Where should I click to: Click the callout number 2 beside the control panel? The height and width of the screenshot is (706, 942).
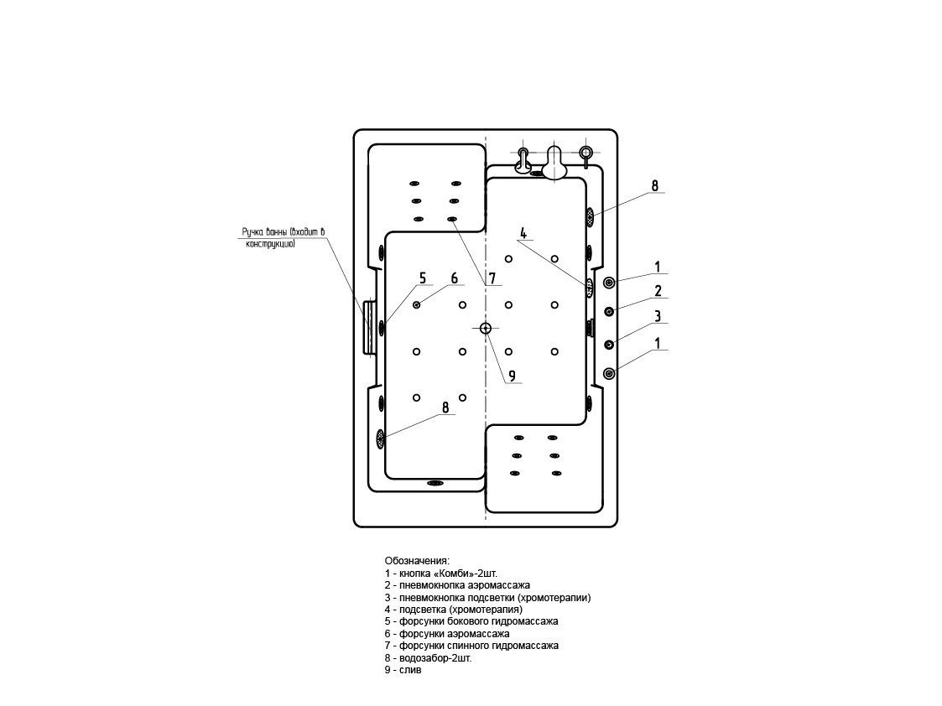[658, 292]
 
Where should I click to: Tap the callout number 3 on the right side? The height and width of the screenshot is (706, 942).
[658, 316]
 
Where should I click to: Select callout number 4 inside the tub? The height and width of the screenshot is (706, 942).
[523, 232]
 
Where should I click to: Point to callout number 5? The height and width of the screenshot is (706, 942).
[423, 278]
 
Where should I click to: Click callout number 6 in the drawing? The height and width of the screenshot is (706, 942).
[454, 278]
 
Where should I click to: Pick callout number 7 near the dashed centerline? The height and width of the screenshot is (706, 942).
[492, 278]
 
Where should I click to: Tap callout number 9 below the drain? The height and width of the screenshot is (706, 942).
[512, 376]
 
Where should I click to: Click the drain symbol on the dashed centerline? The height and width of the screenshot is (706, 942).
[486, 328]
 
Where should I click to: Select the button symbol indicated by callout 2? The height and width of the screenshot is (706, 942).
[610, 311]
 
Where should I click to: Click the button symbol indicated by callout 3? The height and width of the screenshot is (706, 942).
[610, 343]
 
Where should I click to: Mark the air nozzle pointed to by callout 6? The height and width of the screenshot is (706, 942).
[417, 305]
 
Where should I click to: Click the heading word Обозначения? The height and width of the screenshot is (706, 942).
[417, 560]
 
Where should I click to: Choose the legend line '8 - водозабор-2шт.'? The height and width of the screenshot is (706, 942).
[428, 659]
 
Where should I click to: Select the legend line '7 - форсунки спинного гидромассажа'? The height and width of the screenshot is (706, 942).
[471, 646]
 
